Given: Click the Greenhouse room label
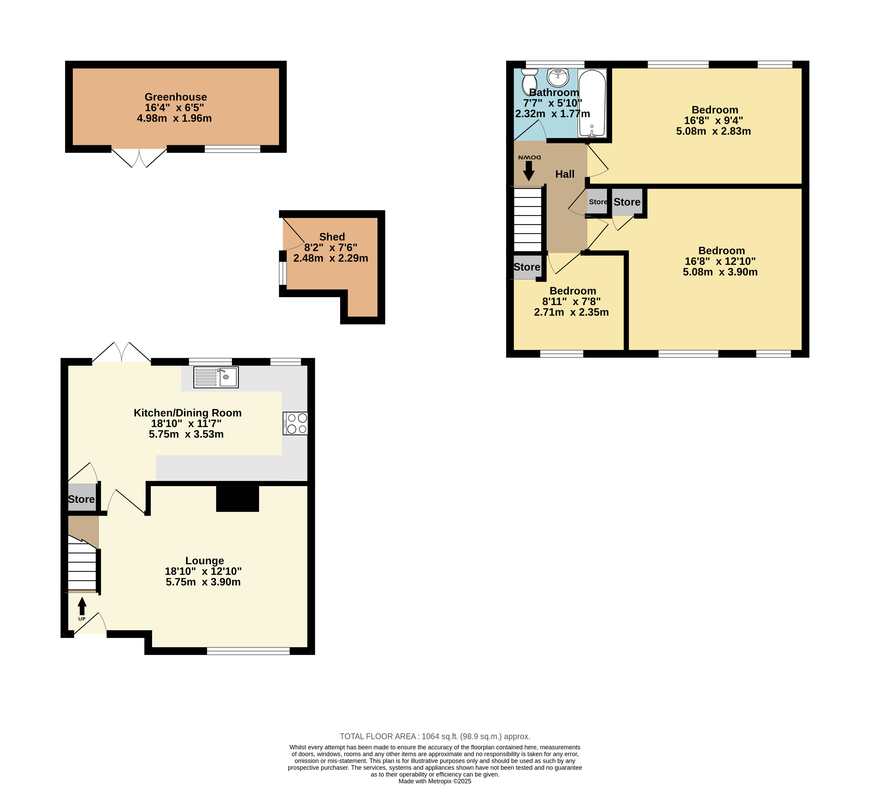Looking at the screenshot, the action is pyautogui.click(x=175, y=97).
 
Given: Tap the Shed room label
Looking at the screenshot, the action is pyautogui.click(x=332, y=237).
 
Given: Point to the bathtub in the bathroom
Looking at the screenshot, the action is pyautogui.click(x=592, y=103).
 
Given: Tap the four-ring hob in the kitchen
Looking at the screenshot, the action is pyautogui.click(x=295, y=423).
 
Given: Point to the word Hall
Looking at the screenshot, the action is pyautogui.click(x=565, y=174).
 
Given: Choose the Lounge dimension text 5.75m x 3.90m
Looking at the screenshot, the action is pyautogui.click(x=203, y=582).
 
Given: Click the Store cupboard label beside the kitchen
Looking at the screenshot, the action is pyautogui.click(x=81, y=499).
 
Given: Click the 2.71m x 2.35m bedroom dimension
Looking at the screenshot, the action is pyautogui.click(x=571, y=312).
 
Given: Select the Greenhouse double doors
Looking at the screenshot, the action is pyautogui.click(x=139, y=158).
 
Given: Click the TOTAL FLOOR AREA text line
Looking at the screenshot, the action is pyautogui.click(x=435, y=736).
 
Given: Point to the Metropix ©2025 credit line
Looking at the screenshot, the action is pyautogui.click(x=435, y=781).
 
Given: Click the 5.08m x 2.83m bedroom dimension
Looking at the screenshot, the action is pyautogui.click(x=713, y=131).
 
